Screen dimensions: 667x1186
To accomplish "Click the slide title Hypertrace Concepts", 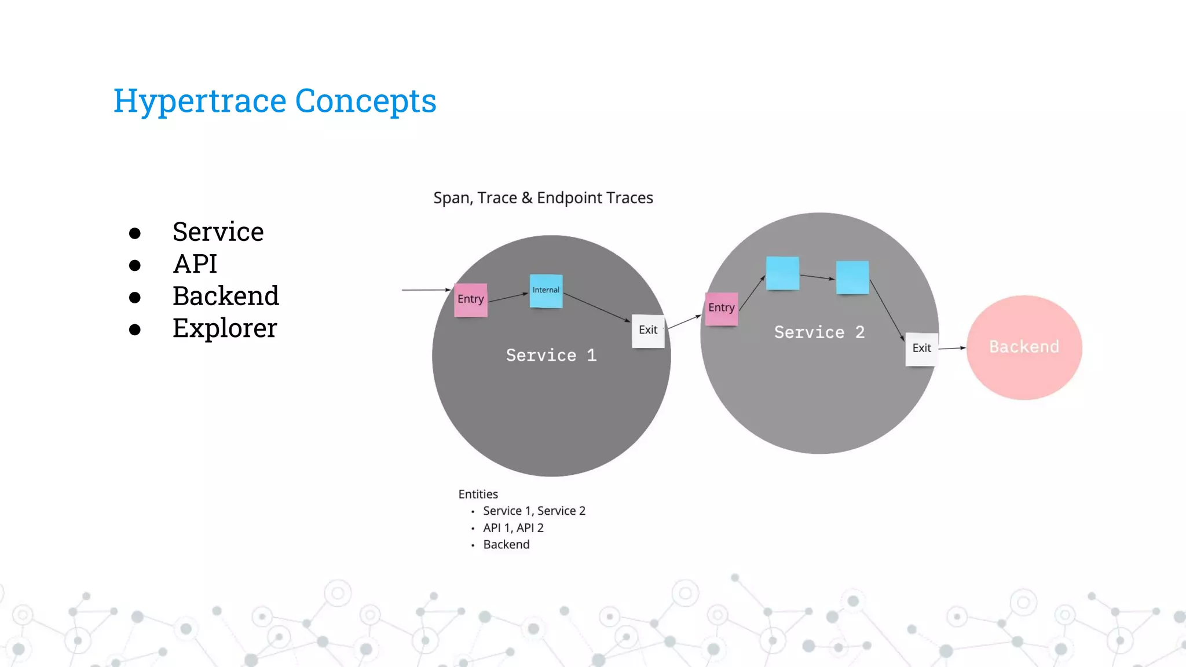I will coord(274,101).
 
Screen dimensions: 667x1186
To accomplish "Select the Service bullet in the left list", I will coord(218,232).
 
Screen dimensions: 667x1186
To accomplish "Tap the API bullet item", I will coord(195,265).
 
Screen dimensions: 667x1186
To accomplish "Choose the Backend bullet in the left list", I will coord(225,296).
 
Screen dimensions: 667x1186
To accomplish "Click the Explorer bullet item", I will coord(225,329).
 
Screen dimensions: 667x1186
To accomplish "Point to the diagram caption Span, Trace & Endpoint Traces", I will coord(543,198).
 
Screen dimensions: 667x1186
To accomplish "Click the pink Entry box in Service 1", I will coord(470,299).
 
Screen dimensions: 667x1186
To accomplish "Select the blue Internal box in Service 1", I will coord(546,291).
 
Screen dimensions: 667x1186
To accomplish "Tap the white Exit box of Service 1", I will coord(647,331).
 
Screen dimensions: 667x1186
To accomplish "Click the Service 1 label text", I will coord(551,356).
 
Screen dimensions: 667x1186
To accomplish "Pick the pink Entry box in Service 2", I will coord(721,308).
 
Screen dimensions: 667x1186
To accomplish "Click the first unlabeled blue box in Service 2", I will coord(782,273).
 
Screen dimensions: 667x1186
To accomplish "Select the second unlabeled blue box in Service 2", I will coord(852,277).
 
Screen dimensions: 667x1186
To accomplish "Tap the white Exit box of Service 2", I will coord(921,349).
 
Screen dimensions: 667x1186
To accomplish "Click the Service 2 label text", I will coord(819,332).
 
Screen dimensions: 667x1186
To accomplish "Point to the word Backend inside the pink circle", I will coord(1023,347).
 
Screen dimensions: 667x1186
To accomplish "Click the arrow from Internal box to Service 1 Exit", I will coord(596,307).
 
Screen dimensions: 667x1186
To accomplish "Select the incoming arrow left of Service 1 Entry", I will coord(426,289).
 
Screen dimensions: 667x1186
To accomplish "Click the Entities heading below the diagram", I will coord(478,494).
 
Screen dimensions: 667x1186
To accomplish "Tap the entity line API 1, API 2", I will coord(513,528).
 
